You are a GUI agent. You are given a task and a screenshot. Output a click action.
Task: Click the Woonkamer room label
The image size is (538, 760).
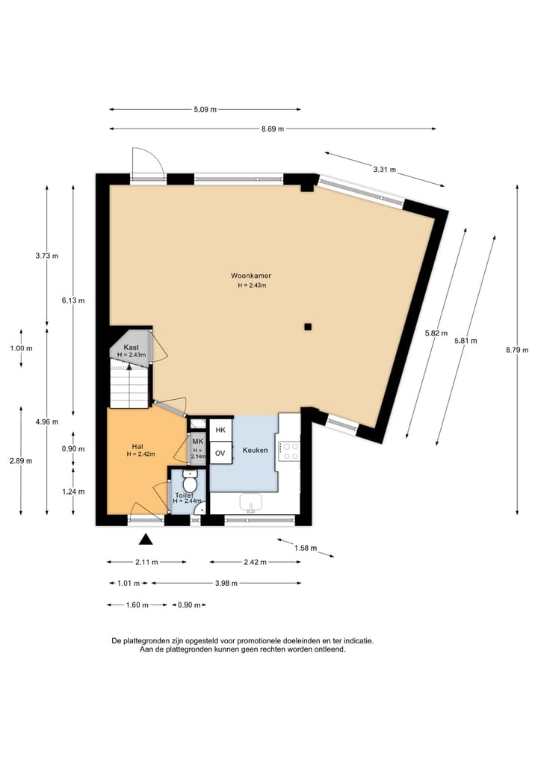(x=250, y=276)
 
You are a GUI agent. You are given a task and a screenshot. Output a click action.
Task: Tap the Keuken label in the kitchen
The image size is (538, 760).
(x=255, y=451)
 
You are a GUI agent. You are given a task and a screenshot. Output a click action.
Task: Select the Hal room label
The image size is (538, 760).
(x=137, y=446)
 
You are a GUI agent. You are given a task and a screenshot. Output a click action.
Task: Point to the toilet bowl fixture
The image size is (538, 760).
(x=190, y=482)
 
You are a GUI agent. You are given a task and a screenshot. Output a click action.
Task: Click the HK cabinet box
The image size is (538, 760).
(x=220, y=430)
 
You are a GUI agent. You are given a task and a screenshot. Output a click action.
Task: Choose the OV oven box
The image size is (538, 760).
(x=220, y=453)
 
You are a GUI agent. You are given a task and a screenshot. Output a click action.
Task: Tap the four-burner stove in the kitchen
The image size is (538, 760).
(x=289, y=451)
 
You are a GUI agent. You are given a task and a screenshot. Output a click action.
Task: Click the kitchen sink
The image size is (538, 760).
(x=250, y=503)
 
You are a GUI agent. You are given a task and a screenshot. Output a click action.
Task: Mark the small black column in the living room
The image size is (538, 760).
(x=308, y=327)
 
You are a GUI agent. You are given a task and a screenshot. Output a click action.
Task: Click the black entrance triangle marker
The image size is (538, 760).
(x=146, y=539)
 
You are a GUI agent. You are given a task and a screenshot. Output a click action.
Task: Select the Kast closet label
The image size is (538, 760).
(x=132, y=347)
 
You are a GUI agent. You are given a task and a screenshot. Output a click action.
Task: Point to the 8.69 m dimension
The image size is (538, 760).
(x=273, y=129)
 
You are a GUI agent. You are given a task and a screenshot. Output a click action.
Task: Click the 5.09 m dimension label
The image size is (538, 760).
(x=205, y=110)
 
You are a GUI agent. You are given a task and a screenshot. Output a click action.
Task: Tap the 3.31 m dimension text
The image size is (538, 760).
(x=384, y=170)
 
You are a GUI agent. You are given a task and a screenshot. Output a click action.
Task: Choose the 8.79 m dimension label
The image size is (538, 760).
(x=517, y=350)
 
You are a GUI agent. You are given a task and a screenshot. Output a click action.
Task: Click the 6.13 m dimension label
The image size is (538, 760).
(x=73, y=300)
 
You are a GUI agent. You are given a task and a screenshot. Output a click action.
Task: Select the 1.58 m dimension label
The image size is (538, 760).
(x=306, y=549)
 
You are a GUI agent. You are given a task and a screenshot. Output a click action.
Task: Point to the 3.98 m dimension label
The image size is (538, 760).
(x=226, y=584)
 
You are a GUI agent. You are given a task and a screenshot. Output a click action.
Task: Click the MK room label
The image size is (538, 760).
(x=198, y=442)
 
